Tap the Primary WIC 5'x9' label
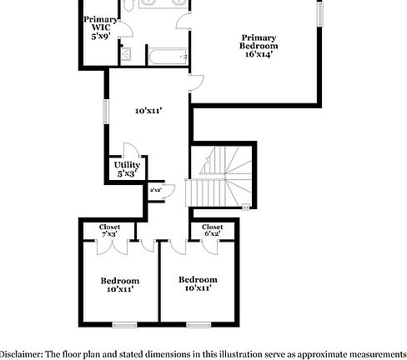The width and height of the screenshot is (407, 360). coord(100,28)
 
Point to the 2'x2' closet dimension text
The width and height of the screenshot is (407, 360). coord(155,190)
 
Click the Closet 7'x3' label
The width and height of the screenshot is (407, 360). coord(109,231)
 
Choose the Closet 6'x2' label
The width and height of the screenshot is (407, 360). coord(213,231)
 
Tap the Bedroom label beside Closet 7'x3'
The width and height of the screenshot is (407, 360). coord(120,285)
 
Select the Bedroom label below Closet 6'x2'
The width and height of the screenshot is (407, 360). coord(198,283)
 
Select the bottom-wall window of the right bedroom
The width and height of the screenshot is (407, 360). coord(198,323)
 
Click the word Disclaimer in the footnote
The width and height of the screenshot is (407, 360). coord(26,352)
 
